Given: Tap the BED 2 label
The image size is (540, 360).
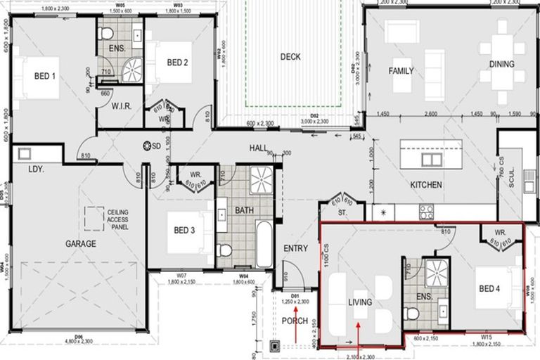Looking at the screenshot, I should (177, 63).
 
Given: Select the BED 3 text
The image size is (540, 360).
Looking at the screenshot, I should (183, 230).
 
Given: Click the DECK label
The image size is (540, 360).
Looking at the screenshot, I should (290, 57).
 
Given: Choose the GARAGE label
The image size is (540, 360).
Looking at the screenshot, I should (81, 244).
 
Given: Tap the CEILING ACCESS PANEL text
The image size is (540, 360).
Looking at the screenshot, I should (122, 218).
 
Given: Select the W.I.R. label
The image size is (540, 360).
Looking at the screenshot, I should (123, 107).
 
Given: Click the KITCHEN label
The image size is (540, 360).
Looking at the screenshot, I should (426, 185).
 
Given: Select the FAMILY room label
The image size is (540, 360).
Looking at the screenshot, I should (401, 71).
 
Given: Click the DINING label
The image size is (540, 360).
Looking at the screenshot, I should (502, 64).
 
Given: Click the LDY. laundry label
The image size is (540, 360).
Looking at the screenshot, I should (37, 169).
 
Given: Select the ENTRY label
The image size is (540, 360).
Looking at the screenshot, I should (295, 249).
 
